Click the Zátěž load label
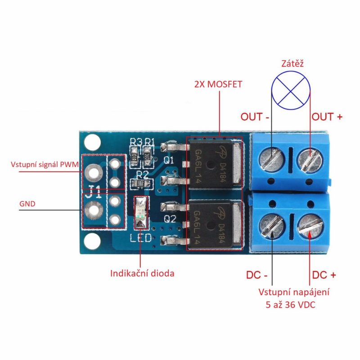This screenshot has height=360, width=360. (x=292, y=63)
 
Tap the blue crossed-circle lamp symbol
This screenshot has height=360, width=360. (x=291, y=90)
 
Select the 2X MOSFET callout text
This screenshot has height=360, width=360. (x=218, y=84)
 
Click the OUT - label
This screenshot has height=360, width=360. (x=254, y=117)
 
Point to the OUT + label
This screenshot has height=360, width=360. (x=327, y=117)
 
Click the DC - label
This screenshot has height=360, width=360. (x=256, y=275)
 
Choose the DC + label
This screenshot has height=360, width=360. (x=324, y=275)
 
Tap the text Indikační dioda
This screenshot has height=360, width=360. (x=142, y=273)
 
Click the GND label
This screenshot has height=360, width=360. (x=27, y=204)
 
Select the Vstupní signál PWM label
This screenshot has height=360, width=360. (x=45, y=164)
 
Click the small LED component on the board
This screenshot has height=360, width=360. (x=141, y=212)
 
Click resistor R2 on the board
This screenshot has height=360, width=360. (x=140, y=183)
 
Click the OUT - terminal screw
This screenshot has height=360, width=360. (x=272, y=159)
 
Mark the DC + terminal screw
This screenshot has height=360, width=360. (x=310, y=227)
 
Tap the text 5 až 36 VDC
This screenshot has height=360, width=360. (x=290, y=305)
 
